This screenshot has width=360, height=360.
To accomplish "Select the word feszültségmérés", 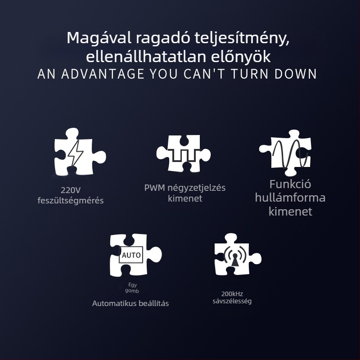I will (x=70, y=200).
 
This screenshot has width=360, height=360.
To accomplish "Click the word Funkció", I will (x=290, y=184).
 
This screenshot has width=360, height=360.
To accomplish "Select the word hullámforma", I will (x=290, y=198).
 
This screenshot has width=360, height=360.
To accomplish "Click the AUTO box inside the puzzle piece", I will (x=131, y=255).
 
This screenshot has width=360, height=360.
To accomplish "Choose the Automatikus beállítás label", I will (x=130, y=303).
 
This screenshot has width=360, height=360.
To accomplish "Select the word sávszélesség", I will (x=232, y=301).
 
